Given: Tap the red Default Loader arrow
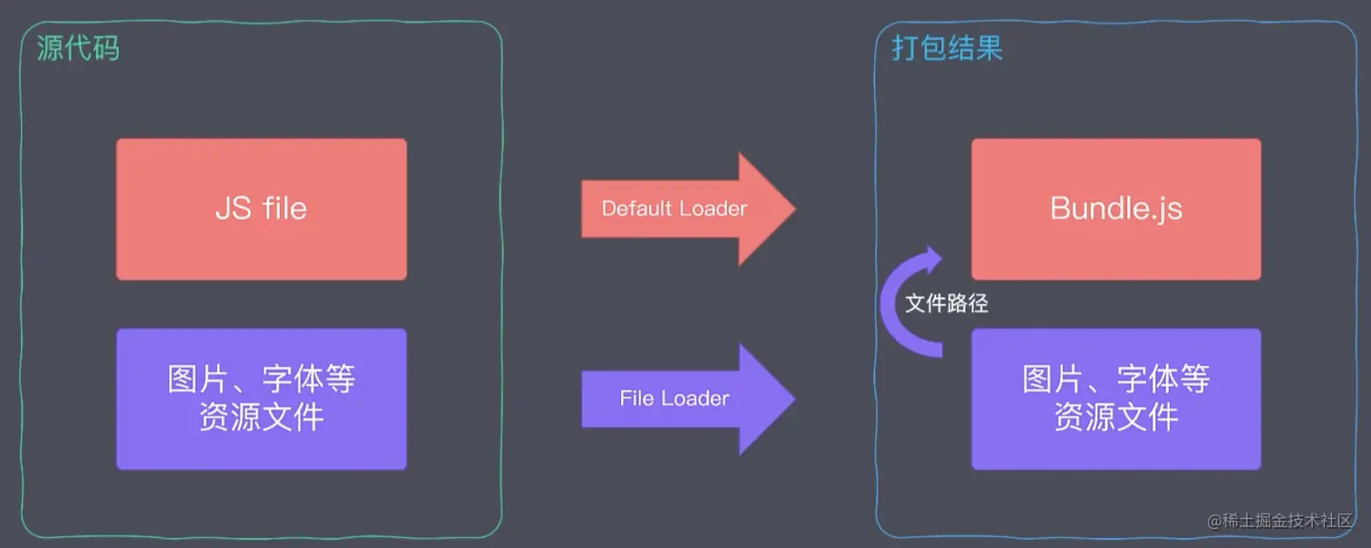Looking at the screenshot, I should pyautogui.click(x=689, y=209).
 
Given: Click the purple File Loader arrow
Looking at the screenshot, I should pyautogui.click(x=689, y=399).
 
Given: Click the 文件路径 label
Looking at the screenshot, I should pyautogui.click(x=947, y=304).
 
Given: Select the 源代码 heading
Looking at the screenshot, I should pyautogui.click(x=78, y=48).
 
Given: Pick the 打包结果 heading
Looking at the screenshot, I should pyautogui.click(x=947, y=48).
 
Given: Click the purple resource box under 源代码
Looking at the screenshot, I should pyautogui.click(x=261, y=399).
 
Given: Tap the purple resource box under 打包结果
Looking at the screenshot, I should pyautogui.click(x=1115, y=399).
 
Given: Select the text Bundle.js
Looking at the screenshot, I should pyautogui.click(x=1115, y=209).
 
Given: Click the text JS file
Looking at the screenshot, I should pyautogui.click(x=261, y=209).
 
